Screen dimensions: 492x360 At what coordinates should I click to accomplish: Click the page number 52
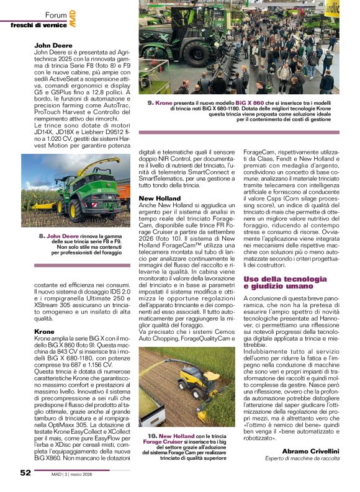25,472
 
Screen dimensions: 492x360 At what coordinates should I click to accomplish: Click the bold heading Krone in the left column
44,332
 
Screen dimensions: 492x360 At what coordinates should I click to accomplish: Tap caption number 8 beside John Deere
41,236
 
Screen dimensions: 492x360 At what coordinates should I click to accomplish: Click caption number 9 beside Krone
150,101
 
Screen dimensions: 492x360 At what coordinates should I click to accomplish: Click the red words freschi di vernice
38,24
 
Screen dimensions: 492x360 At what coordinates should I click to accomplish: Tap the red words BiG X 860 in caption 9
250,101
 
